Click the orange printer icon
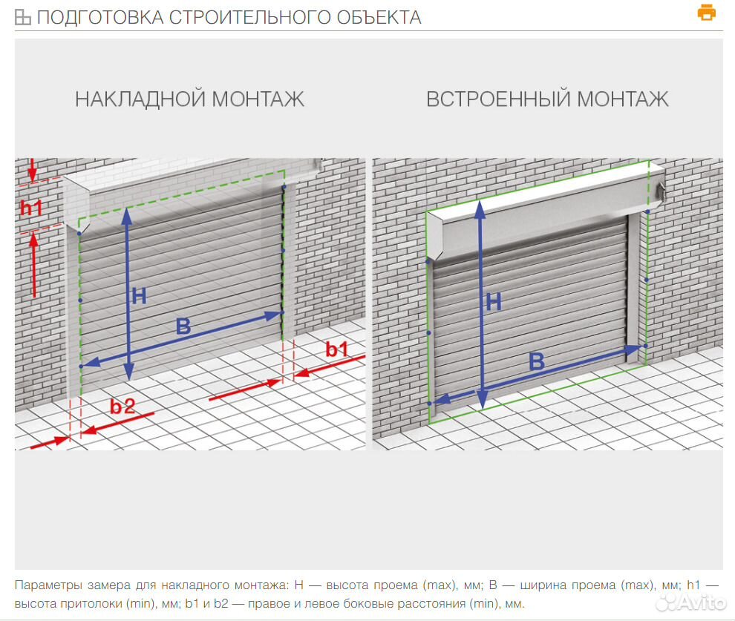coord(706,12)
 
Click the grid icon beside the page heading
coord(22,17)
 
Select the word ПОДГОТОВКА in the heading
coord(100,17)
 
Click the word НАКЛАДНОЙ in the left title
coord(140,99)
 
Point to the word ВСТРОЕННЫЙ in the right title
coord(498,99)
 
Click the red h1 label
coord(31,207)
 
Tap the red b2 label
coord(122,407)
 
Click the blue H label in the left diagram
coord(140,296)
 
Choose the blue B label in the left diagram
coord(183,326)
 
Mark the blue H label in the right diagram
coord(494,302)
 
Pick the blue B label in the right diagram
coord(537,361)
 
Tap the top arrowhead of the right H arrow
coord(480,210)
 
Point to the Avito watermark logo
coord(691,602)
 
